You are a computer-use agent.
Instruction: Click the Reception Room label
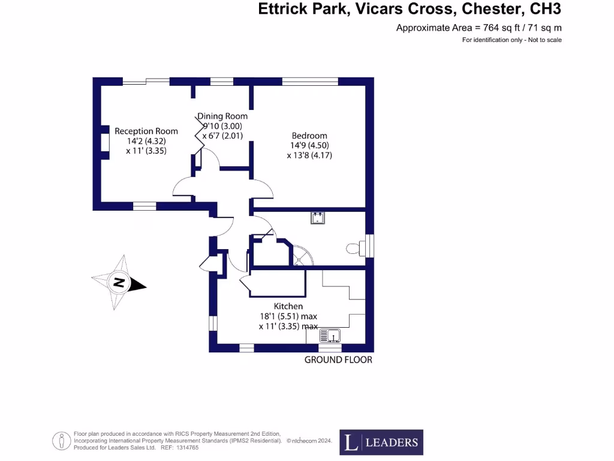coord(146,131)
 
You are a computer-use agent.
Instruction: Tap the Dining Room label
coord(222,116)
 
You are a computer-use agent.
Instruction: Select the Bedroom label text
coord(309,135)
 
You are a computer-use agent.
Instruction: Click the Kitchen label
coord(288,306)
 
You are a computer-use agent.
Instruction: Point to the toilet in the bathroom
coord(354,247)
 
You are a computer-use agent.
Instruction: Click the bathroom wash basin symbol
coord(317,217)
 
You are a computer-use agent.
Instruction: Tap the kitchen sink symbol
coord(330,335)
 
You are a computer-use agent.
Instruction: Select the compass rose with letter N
coord(119,282)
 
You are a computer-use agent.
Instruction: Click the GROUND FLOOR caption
coord(338,360)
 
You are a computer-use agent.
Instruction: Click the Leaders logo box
coord(381,442)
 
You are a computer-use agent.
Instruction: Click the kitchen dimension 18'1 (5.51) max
coord(288,316)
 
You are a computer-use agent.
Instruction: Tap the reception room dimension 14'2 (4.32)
coord(146,141)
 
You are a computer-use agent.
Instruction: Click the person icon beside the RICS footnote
coord(61,441)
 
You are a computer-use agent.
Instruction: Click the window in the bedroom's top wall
coord(310,82)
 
